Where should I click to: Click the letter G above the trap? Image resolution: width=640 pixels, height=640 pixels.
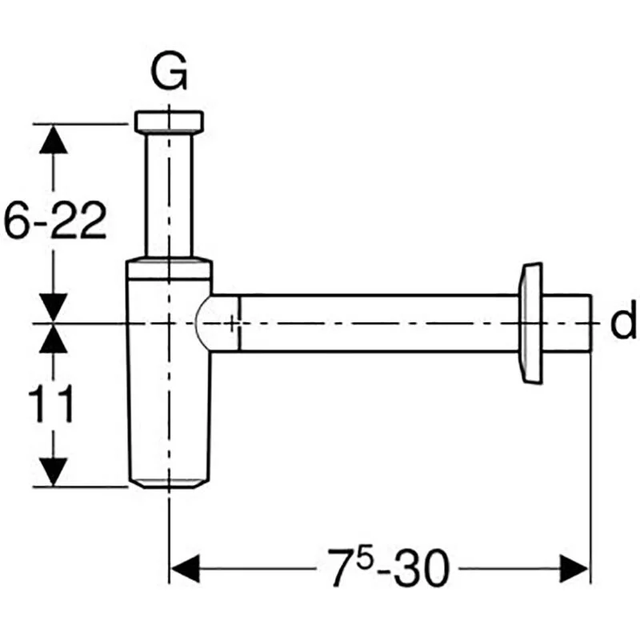(x=169, y=74)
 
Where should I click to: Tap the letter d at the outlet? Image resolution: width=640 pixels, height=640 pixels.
(x=622, y=322)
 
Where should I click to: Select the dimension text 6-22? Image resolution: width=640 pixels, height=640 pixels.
(x=54, y=222)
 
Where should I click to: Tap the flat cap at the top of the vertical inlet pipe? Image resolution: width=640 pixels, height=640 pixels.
(x=169, y=121)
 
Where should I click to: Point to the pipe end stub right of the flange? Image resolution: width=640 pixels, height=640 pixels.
(x=570, y=322)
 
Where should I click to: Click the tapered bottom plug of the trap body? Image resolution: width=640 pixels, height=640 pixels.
(x=169, y=481)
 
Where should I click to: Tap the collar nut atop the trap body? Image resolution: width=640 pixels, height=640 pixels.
(x=169, y=268)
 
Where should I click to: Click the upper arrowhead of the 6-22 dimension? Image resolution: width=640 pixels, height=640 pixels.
(x=54, y=139)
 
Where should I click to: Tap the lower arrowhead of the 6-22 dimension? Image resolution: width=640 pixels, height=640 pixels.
(x=54, y=307)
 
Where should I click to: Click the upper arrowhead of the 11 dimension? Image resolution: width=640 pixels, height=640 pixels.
(x=54, y=339)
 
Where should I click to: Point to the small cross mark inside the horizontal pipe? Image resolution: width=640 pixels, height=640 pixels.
(x=231, y=323)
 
